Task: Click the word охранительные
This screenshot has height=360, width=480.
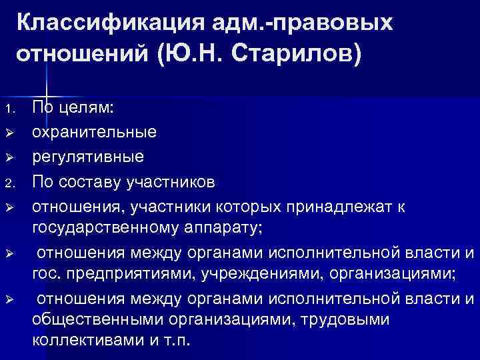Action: (x=95, y=131)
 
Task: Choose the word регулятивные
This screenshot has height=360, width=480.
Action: (x=88, y=156)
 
